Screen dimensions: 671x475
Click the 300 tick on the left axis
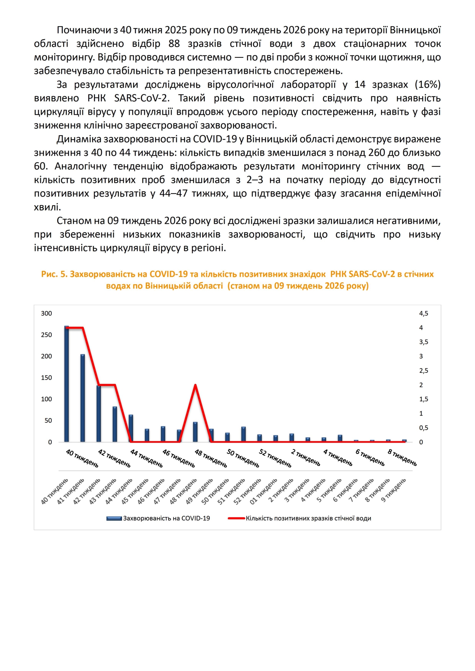pos(46,314)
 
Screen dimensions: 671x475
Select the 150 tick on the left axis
pos(46,378)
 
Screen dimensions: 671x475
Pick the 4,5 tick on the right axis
pos(424,314)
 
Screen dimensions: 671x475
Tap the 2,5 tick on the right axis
pos(424,371)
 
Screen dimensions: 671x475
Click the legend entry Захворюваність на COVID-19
pos(166,518)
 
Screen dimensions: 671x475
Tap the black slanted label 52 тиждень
pos(275,458)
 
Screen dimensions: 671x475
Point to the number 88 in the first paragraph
pos(174,44)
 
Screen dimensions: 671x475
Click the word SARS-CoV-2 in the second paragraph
pos(142,98)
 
